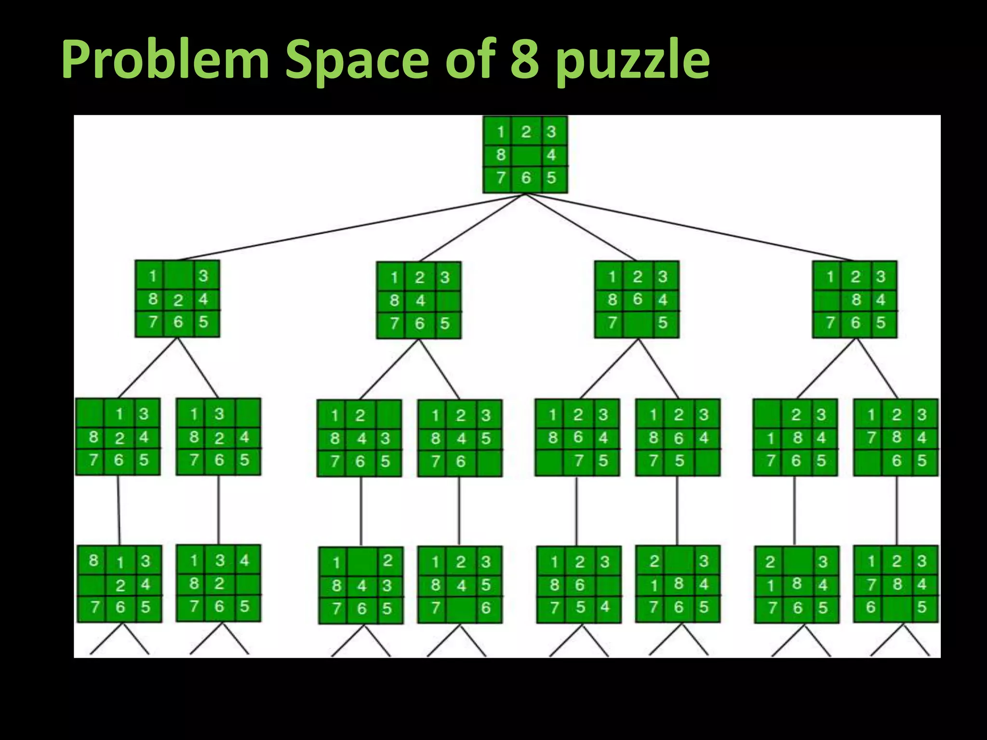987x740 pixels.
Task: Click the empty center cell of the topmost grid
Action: tap(525, 155)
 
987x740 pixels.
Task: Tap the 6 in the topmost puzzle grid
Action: tap(526, 178)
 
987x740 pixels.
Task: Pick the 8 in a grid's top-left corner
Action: tap(93, 560)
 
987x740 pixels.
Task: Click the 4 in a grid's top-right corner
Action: tap(244, 560)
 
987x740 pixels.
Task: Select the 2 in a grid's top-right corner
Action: tap(387, 561)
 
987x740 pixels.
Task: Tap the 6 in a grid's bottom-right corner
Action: tap(485, 608)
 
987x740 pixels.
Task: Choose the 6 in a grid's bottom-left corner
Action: tap(870, 607)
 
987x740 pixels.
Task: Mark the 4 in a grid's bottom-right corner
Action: tap(605, 607)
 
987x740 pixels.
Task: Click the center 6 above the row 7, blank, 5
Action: tap(637, 299)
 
